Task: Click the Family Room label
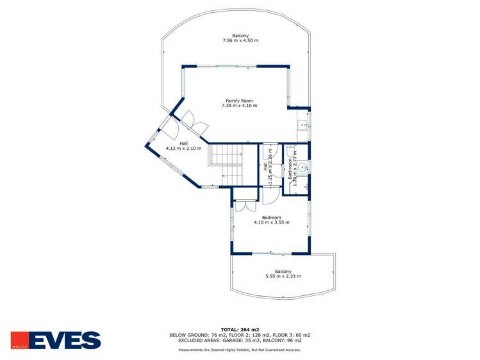pyautogui.click(x=240, y=101)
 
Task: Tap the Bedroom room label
pyautogui.click(x=272, y=218)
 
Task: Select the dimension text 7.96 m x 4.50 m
pyautogui.click(x=240, y=40)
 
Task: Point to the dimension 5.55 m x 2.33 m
pyautogui.click(x=283, y=276)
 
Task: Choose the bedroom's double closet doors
pyautogui.click(x=243, y=206)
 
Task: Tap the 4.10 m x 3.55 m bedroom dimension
pyautogui.click(x=272, y=223)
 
